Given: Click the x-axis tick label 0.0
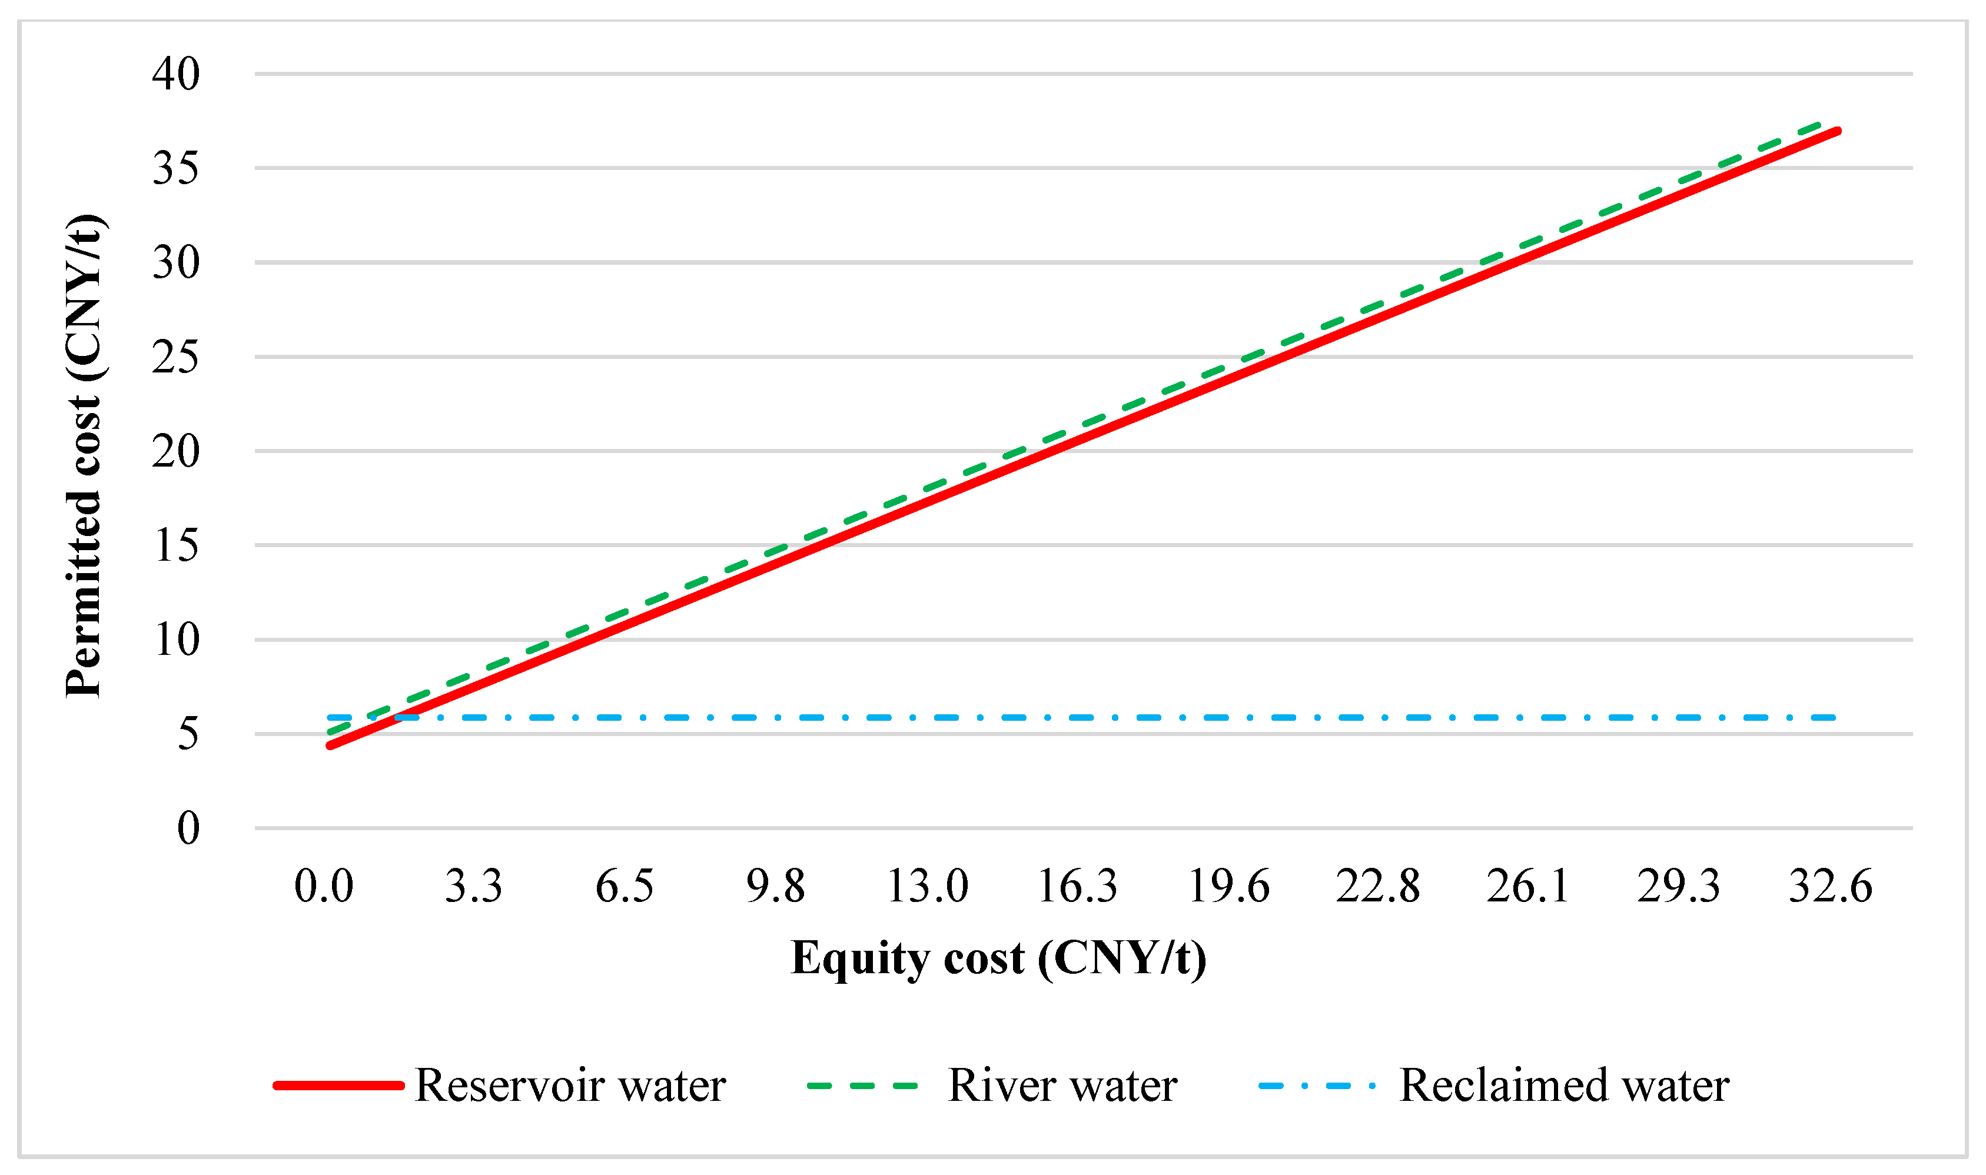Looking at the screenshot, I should point(323,886).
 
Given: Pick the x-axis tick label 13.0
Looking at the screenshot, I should point(927,886).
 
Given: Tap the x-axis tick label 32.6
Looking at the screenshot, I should point(1830,886).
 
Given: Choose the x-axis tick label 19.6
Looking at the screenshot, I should point(1228,886).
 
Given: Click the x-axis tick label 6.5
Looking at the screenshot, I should point(625,886).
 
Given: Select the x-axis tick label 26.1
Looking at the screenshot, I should point(1528,886).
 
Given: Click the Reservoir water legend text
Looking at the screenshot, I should point(570,1086).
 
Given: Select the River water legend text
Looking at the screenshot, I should point(1062,1086).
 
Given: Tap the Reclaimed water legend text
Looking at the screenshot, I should point(1564,1086).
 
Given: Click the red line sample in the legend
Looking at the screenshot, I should point(339,1086).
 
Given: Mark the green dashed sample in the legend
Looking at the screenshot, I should point(862,1086).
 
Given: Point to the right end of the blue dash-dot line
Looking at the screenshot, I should point(1832,717).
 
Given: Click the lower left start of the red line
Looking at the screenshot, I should point(330,745).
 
